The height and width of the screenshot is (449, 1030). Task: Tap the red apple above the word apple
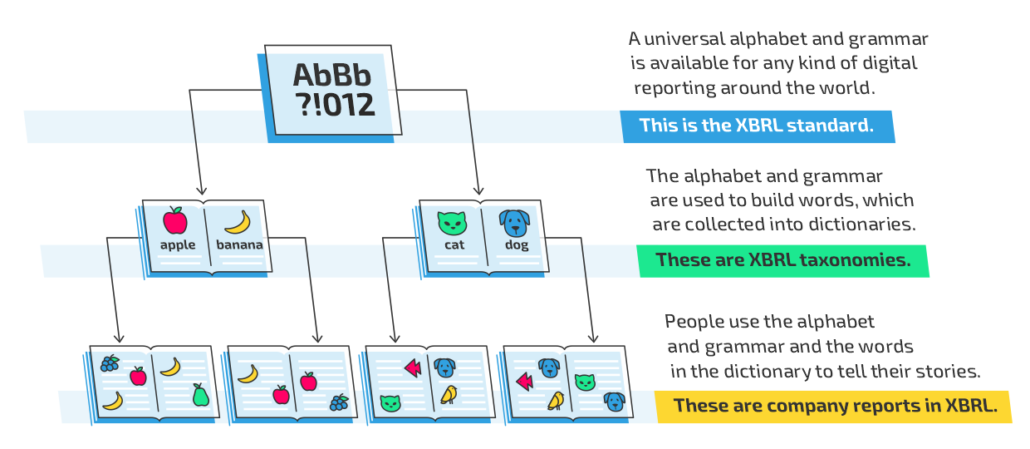(x=175, y=220)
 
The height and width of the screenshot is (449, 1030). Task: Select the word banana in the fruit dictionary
(x=239, y=244)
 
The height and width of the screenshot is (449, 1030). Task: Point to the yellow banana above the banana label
(x=238, y=223)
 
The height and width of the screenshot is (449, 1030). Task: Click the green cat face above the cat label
(x=452, y=224)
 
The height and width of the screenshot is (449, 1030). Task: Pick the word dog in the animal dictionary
(x=517, y=245)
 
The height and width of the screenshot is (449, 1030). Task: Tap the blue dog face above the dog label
(x=514, y=224)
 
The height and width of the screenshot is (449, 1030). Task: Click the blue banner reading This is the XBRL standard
(x=758, y=126)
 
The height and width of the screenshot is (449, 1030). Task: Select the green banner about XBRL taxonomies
(x=782, y=261)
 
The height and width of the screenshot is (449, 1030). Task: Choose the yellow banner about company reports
(x=833, y=407)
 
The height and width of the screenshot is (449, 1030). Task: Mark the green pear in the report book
(x=200, y=395)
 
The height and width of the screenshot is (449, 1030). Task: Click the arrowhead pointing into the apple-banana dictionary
(x=201, y=190)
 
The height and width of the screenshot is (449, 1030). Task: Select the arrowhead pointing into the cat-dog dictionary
(x=478, y=190)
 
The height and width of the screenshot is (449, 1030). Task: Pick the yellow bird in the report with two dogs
(x=556, y=401)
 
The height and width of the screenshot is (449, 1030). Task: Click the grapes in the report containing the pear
(x=110, y=363)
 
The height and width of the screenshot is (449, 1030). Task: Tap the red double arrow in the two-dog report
(x=524, y=382)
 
